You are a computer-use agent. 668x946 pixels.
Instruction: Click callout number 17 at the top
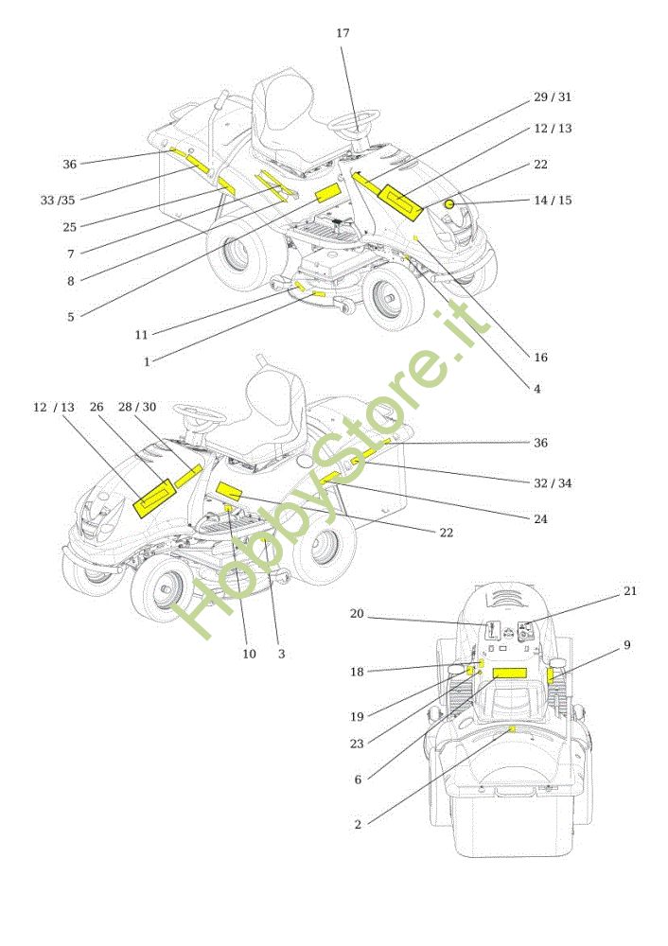click(x=343, y=33)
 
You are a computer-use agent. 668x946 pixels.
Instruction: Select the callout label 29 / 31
click(x=553, y=97)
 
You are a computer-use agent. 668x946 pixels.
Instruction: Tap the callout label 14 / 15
click(x=553, y=201)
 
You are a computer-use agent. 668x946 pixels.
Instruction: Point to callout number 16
click(x=540, y=358)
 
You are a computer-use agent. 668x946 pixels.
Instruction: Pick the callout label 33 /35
click(x=58, y=200)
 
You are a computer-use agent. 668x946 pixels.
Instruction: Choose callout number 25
click(x=70, y=227)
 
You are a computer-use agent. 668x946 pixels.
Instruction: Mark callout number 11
click(x=141, y=335)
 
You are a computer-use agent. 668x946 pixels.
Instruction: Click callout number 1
click(x=147, y=360)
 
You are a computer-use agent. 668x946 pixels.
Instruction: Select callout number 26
click(x=96, y=407)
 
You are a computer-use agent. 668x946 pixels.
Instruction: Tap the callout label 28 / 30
click(x=138, y=407)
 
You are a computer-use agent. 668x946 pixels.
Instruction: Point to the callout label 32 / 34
click(x=553, y=483)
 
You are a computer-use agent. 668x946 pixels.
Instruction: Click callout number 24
click(x=540, y=519)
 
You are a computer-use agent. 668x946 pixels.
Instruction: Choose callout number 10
click(x=250, y=654)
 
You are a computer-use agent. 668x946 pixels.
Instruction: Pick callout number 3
click(x=281, y=654)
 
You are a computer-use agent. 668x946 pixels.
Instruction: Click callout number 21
click(x=630, y=591)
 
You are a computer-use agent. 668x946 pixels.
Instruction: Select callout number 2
click(x=358, y=825)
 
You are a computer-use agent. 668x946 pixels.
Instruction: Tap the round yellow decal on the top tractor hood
click(x=450, y=203)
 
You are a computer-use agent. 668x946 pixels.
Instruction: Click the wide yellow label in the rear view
click(x=509, y=674)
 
